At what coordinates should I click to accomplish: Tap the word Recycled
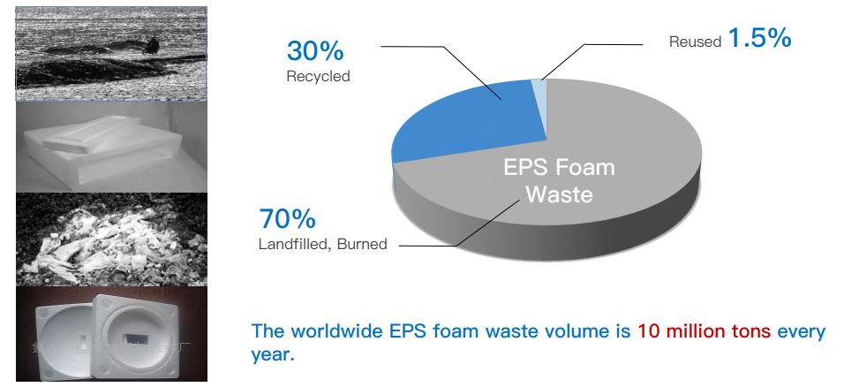318,76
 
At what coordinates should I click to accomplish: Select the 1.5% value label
758,39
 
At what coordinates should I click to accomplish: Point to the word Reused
695,42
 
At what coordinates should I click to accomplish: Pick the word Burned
362,243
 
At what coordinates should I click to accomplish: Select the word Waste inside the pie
560,194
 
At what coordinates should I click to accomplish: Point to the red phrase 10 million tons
704,332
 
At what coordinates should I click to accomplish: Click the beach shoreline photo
111,53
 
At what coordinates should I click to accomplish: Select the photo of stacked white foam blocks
111,146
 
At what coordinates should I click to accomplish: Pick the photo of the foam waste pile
111,239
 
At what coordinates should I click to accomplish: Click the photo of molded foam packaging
111,333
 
